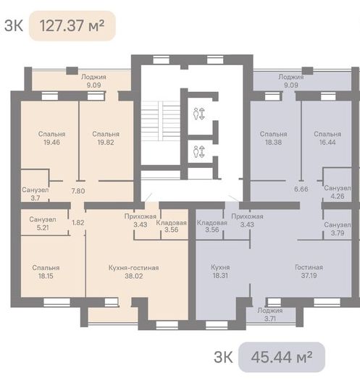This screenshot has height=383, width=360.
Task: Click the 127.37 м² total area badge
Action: pos(72,25)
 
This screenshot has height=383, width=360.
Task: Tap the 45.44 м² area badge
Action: pos(282,357)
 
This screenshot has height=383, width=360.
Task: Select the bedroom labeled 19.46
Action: pos(52,138)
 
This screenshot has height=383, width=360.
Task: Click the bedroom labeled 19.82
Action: pos(106,138)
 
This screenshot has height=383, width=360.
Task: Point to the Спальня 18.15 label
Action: pos(46,272)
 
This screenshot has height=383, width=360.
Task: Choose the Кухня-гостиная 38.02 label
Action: pos(134,272)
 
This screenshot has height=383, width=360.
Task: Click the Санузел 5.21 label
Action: pos(43,223)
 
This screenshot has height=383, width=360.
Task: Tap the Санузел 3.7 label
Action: pos(35,194)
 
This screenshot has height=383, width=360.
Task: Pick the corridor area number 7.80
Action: pos(78,190)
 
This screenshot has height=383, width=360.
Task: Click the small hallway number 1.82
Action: pos(78,223)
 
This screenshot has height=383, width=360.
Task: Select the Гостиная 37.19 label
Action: pos(309,272)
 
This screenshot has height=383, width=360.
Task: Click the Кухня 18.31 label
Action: pos(220,272)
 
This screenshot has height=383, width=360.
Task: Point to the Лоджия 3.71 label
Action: pos(270,314)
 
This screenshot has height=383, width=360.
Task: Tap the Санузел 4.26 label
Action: pos(338,192)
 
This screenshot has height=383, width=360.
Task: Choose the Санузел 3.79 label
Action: pos(338,229)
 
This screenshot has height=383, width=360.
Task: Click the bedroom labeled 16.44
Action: pos(327,138)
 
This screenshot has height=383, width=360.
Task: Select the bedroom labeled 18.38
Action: pos(274,138)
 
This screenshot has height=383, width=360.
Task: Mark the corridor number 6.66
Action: pos(301,189)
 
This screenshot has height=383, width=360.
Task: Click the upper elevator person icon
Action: pos(196,114)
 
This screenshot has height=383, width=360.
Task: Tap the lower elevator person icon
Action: pos(196,151)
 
